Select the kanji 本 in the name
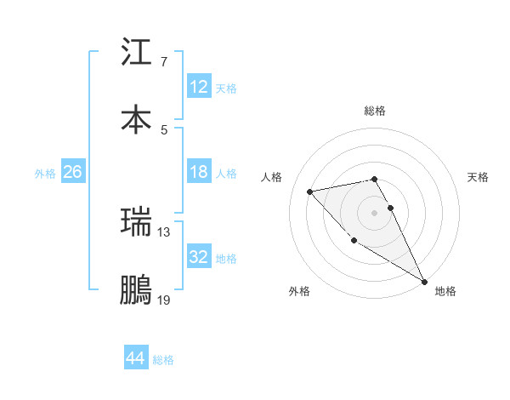point(137,119)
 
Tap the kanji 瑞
point(137,223)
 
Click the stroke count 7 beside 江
point(163,62)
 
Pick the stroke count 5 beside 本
point(163,129)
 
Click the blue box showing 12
point(198,87)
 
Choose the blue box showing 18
point(198,172)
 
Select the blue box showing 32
point(198,257)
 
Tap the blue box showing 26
point(72,172)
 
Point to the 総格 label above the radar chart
point(375,111)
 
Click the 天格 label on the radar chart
point(478,177)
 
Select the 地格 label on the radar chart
point(445,291)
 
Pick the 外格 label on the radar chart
point(299,291)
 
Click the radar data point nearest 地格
point(425,282)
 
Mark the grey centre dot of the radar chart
point(375,212)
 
